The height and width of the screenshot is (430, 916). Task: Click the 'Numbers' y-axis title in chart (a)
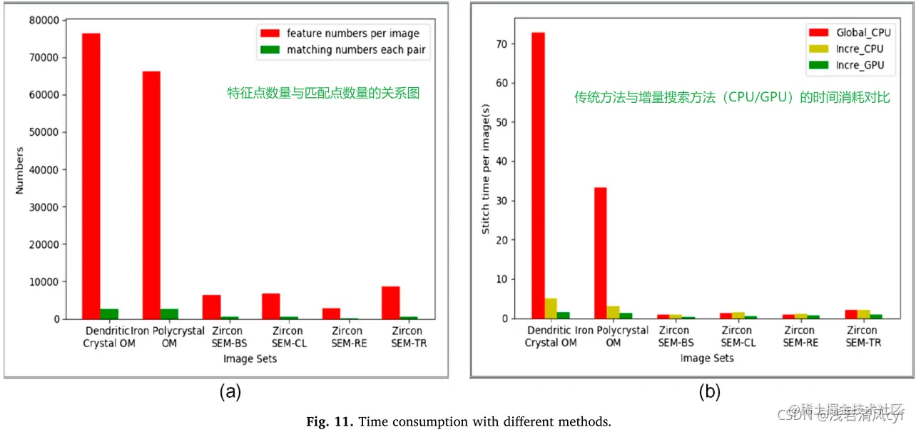20,170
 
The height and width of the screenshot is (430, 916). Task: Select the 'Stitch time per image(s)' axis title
485,179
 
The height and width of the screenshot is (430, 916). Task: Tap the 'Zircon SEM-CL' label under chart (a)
287,337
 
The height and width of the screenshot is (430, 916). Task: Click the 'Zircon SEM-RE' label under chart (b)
798,336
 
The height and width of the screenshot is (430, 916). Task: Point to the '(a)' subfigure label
230,391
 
